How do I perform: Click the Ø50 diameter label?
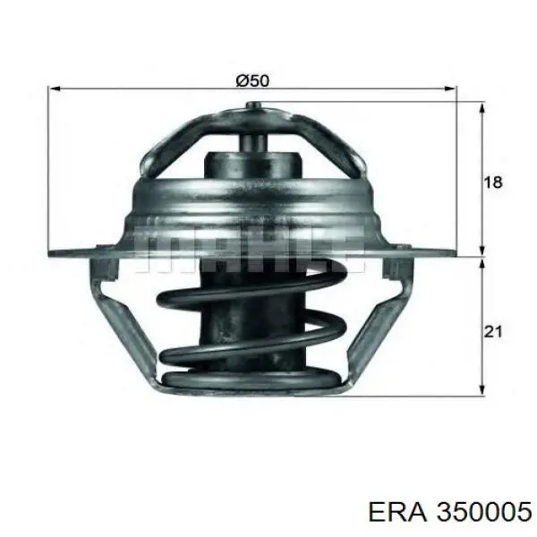point(251,80)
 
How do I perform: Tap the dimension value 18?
point(491,182)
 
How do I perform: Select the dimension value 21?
point(491,332)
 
